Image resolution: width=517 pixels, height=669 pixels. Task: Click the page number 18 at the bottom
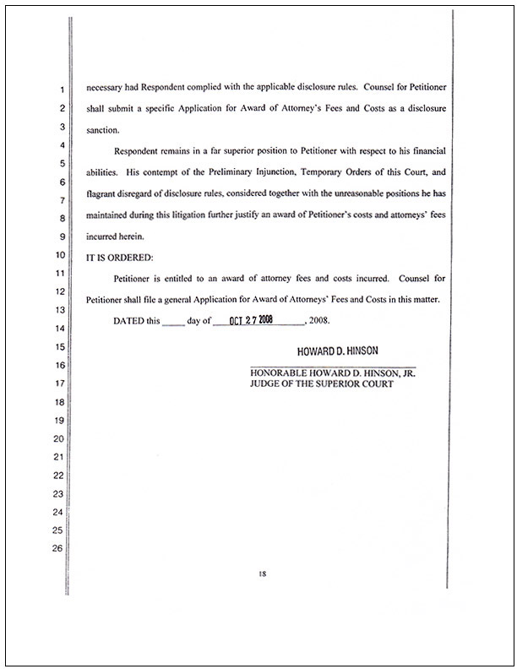[x=262, y=574]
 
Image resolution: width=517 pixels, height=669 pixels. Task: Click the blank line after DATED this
[x=172, y=322]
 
